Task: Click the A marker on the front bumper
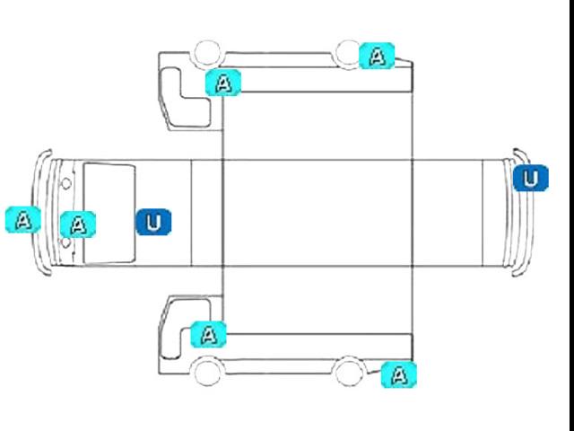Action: [22, 219]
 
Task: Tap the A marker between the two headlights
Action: [78, 224]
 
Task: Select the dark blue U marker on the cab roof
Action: [153, 221]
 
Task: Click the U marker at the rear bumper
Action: [531, 178]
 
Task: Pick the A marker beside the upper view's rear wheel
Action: [377, 56]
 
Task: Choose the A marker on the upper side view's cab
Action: [223, 83]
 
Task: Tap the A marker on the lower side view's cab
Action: [209, 335]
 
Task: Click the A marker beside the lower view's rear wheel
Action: [399, 374]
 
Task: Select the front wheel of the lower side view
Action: [207, 369]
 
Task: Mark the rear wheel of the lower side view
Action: [349, 368]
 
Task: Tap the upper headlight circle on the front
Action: [65, 183]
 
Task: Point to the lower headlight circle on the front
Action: [65, 244]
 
